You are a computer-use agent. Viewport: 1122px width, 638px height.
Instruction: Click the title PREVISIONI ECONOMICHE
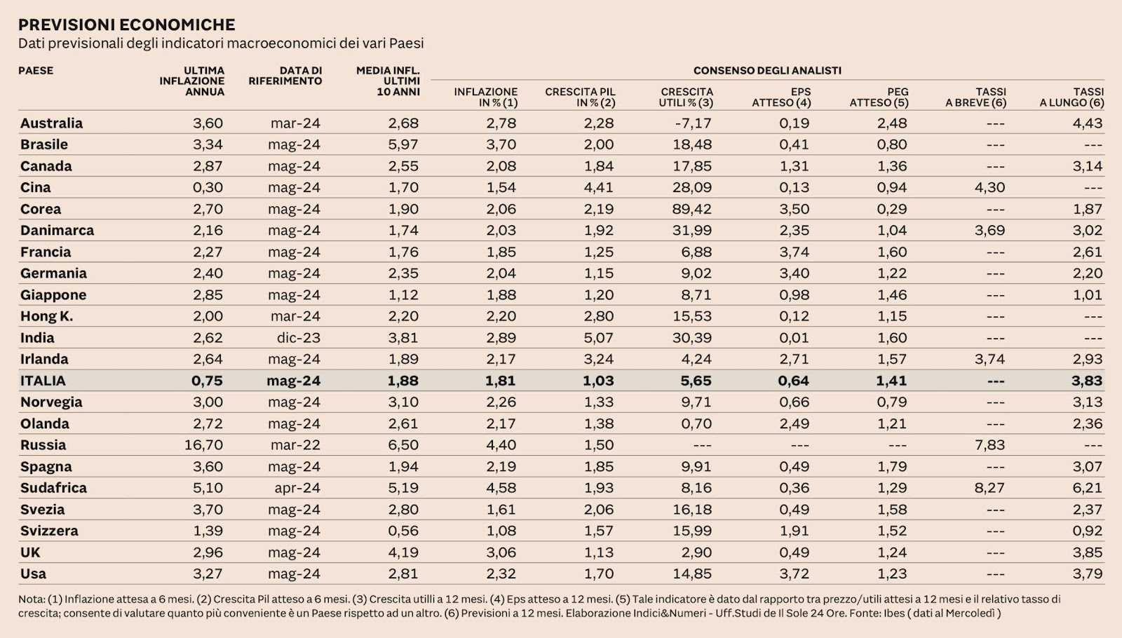[126, 25]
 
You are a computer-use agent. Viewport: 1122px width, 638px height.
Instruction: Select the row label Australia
[51, 123]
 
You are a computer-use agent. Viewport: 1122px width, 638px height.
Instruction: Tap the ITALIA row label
[43, 381]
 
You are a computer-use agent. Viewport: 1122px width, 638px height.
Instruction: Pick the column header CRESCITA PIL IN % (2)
[580, 97]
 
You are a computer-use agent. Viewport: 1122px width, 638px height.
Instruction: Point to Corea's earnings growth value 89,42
[691, 209]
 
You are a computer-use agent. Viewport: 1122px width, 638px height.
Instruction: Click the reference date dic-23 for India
[298, 338]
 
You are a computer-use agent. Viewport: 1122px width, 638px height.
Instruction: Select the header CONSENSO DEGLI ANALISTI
[767, 70]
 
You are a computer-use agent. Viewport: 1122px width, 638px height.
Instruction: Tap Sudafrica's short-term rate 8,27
[989, 488]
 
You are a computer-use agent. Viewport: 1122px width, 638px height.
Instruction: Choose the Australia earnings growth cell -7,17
[693, 123]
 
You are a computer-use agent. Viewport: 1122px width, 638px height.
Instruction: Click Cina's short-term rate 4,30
[989, 187]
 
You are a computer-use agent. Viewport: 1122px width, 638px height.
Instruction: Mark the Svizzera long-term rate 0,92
[1087, 531]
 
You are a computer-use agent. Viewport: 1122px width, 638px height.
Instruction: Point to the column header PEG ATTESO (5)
[879, 97]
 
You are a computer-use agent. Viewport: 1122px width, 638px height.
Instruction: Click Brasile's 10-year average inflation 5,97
[403, 144]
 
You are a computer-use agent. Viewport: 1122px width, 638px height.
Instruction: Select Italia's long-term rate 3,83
[1087, 381]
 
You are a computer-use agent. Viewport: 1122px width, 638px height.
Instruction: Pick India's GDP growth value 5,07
[598, 338]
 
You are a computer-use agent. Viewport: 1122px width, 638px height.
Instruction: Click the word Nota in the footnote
[32, 599]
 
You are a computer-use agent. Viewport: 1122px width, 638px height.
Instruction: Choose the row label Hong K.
[46, 316]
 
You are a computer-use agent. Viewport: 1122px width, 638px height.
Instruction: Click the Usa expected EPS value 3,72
[794, 573]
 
